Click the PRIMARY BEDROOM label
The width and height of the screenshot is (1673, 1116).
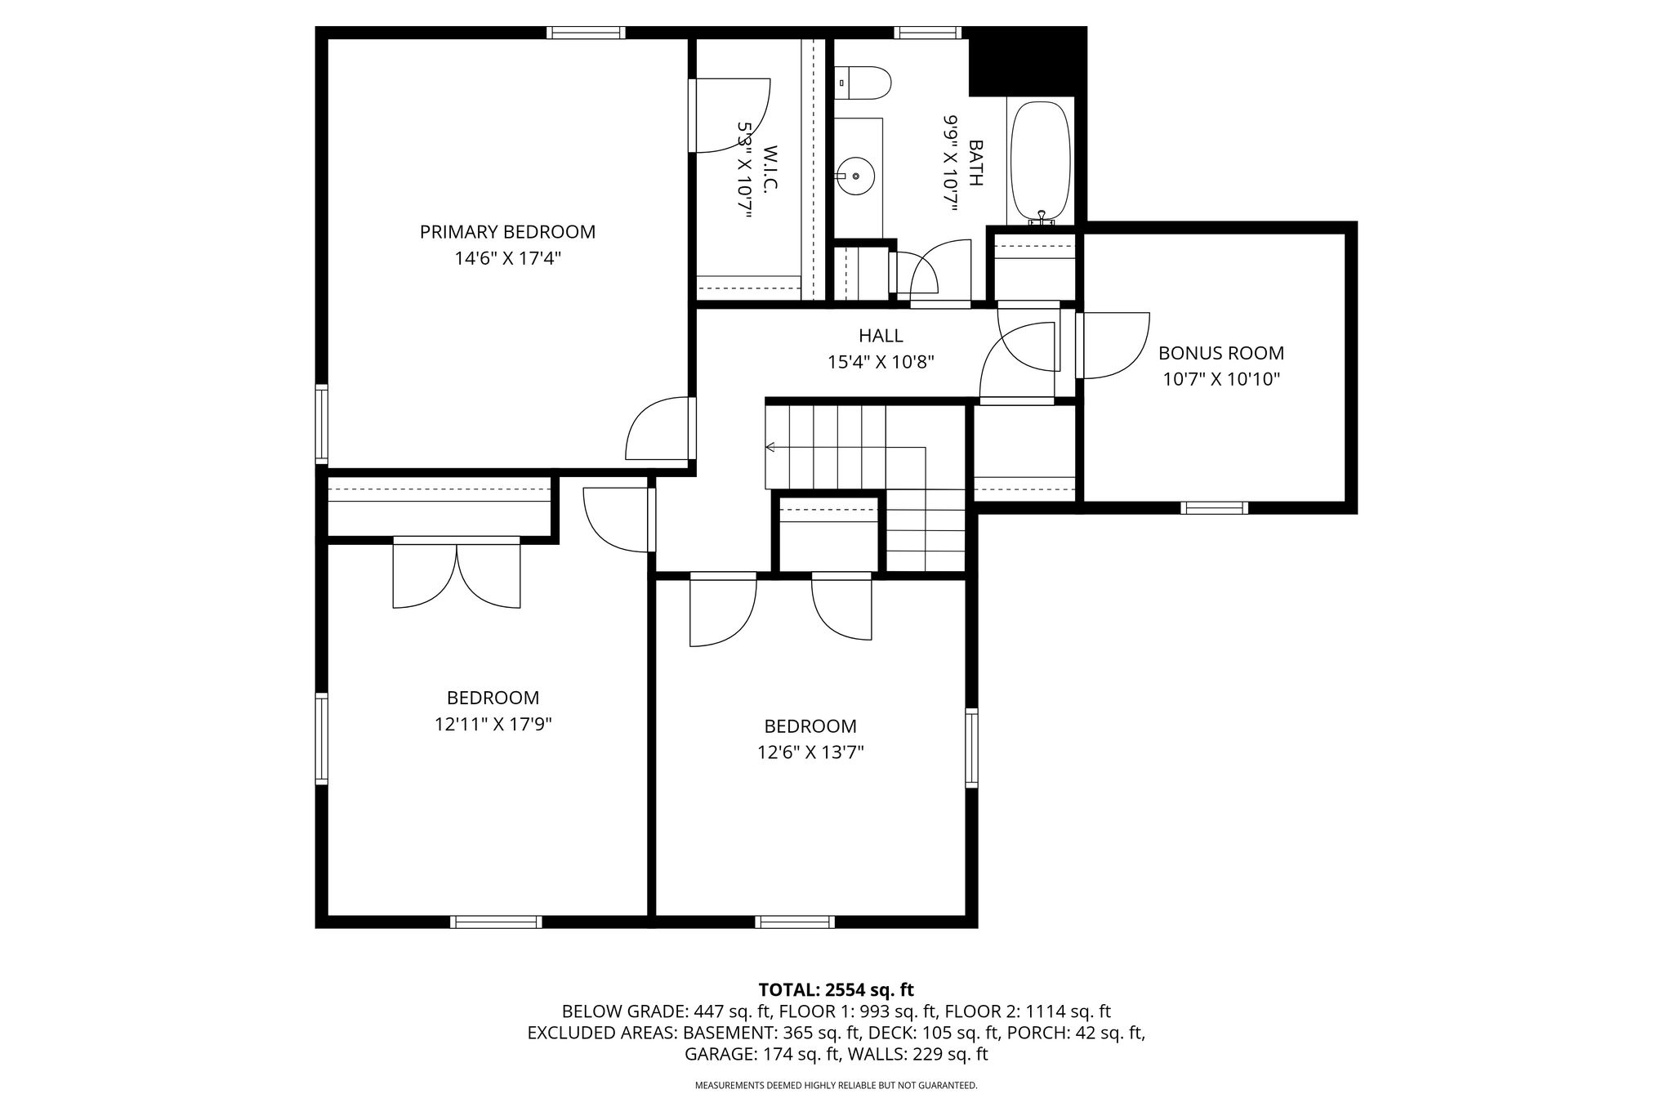(507, 232)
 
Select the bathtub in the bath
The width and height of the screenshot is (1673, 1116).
(1041, 162)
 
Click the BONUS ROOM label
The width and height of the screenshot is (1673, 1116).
(1221, 353)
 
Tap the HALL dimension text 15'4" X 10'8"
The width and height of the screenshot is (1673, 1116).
(881, 361)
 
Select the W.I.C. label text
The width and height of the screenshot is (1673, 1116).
(770, 168)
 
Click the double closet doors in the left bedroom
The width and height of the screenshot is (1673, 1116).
(457, 572)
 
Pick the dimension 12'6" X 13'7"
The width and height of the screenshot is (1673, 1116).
(810, 752)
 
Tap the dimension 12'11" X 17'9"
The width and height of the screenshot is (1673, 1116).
(493, 724)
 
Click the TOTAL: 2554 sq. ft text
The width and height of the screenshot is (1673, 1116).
(836, 990)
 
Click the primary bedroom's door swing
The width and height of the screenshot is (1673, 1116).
(658, 428)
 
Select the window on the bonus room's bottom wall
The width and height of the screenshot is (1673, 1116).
(1215, 508)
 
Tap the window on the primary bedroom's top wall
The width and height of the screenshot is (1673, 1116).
(586, 33)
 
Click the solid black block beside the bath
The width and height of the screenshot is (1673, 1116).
(1027, 61)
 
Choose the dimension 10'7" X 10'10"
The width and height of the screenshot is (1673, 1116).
(1221, 379)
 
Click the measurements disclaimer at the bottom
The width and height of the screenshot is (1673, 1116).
(836, 1086)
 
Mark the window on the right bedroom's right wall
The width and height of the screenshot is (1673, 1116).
(971, 748)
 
